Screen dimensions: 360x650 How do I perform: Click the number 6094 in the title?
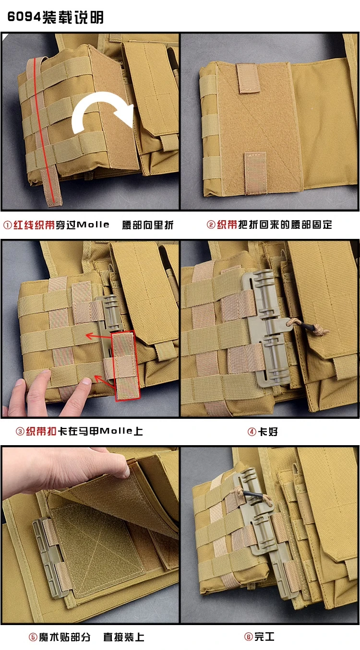click(x=24, y=17)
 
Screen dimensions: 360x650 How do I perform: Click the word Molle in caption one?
click(x=93, y=225)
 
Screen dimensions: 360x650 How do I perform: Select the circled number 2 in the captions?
click(x=211, y=225)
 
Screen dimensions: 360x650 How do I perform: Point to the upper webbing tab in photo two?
click(x=248, y=78)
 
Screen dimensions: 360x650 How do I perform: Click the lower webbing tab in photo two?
click(x=255, y=173)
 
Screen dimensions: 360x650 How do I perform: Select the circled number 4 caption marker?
click(x=252, y=432)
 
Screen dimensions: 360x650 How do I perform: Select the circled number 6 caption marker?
click(x=248, y=637)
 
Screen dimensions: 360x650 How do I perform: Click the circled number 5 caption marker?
click(x=33, y=637)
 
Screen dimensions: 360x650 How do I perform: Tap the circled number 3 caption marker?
click(x=20, y=432)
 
